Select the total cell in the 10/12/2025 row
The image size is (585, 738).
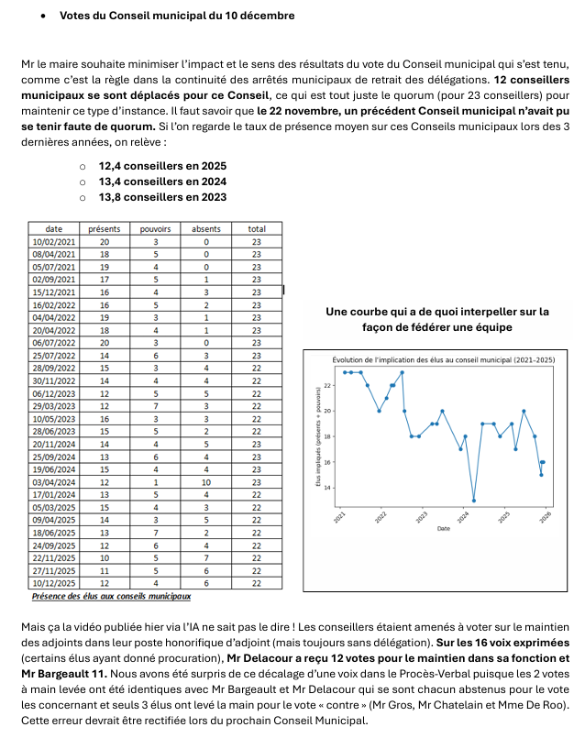[x=257, y=582]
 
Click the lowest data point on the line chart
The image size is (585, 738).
[x=474, y=501]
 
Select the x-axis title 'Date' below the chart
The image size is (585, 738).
[x=444, y=529]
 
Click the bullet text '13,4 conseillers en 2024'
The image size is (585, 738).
[x=162, y=182]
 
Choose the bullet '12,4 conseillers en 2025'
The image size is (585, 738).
[x=162, y=166]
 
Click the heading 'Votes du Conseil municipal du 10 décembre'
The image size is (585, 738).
[x=177, y=17]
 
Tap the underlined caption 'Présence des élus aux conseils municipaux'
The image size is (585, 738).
[x=112, y=597]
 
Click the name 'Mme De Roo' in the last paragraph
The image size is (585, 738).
[x=533, y=704]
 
